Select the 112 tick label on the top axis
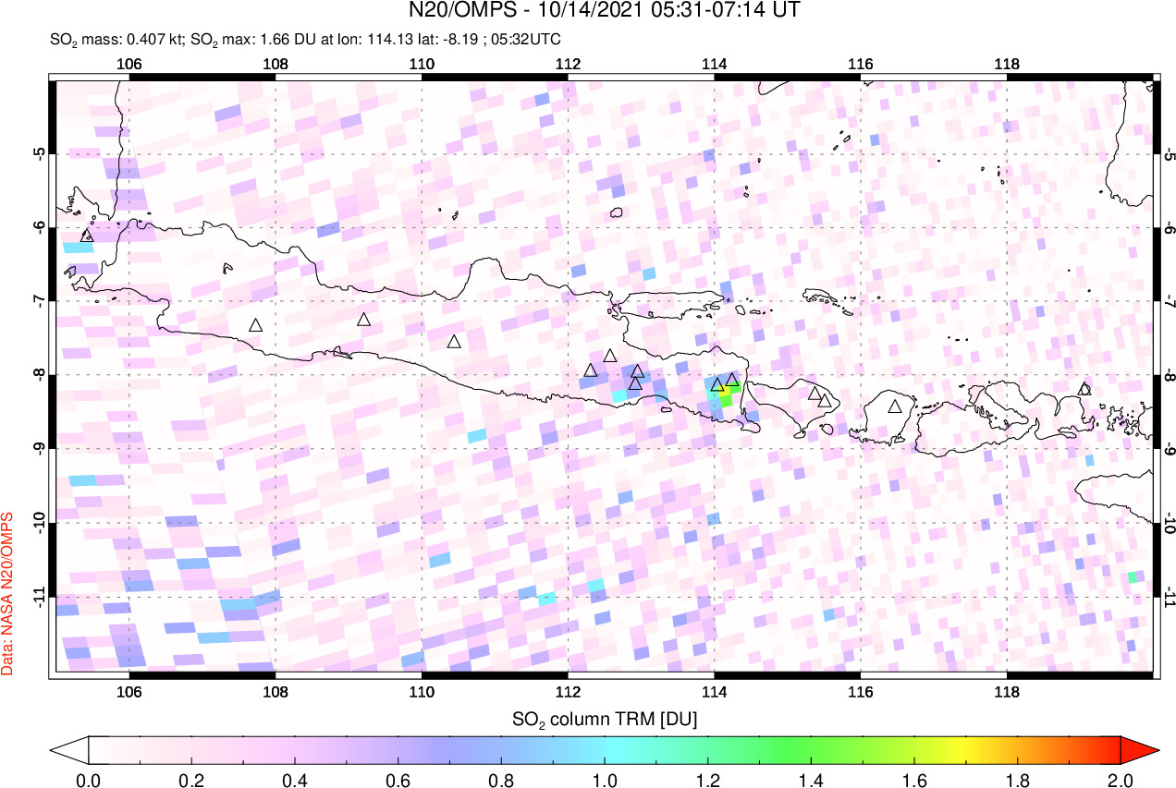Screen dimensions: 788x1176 [x=568, y=64]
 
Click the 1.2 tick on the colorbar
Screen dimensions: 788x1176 [x=708, y=779]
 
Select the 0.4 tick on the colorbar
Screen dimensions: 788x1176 [x=295, y=779]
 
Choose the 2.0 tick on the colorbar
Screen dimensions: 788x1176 [x=1121, y=779]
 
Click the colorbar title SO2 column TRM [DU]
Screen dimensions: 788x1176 [x=605, y=718]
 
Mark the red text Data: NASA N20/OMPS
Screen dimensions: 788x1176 [x=9, y=593]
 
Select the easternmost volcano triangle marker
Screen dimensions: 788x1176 [x=1084, y=389]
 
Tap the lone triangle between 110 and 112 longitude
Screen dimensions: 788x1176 [x=454, y=342]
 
